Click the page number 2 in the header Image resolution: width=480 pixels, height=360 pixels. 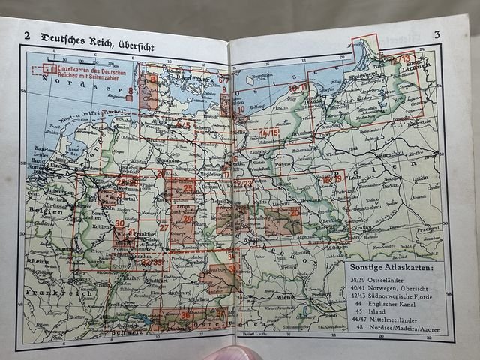click(x=27, y=35)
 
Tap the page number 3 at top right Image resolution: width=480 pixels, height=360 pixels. click(x=436, y=34)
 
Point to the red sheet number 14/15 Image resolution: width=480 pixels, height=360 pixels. click(x=268, y=133)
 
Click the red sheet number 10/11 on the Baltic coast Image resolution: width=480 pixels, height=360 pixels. click(x=298, y=88)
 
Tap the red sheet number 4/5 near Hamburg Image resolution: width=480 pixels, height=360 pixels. click(x=184, y=124)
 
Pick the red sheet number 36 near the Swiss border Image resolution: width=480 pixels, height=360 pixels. click(x=185, y=316)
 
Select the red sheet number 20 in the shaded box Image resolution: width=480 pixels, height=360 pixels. click(x=295, y=213)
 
